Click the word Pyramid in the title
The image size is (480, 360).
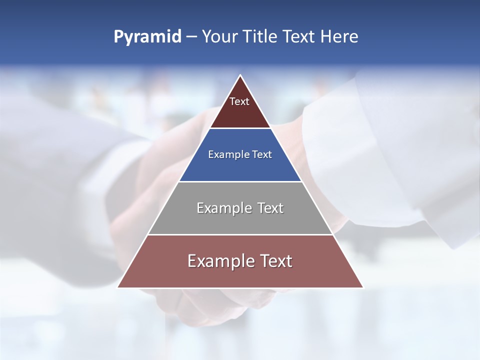click(147, 37)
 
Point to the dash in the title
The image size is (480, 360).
click(191, 37)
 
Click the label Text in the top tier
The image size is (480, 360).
click(239, 101)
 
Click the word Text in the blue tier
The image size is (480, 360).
click(262, 155)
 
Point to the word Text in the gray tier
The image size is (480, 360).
click(270, 208)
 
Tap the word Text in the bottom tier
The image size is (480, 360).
click(275, 261)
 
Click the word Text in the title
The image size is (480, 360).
click(299, 36)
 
